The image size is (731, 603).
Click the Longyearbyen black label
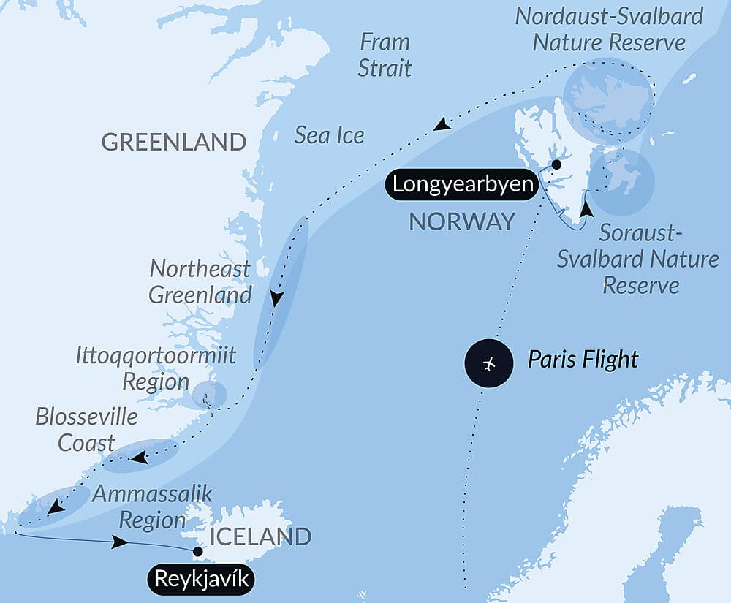coord(463,184)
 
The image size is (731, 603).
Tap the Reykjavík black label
coord(205,580)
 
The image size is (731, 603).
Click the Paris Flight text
coord(583,360)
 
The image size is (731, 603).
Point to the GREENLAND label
coord(173,142)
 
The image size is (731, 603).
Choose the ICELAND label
coord(260,536)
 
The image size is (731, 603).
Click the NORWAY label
coord(462,221)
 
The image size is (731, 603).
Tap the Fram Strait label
coord(386,55)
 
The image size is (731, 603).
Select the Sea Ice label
coord(329,134)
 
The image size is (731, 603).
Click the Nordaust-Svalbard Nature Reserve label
coord(609,29)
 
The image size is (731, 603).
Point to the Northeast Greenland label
coord(200,281)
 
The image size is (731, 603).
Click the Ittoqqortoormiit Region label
coord(156,368)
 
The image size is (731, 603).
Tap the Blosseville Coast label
coord(86,429)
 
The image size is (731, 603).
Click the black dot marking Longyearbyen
coord(556,164)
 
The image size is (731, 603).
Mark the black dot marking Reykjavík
coord(197,551)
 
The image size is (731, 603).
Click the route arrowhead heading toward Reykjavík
coord(121,543)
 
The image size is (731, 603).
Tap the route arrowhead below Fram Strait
coord(441,125)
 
